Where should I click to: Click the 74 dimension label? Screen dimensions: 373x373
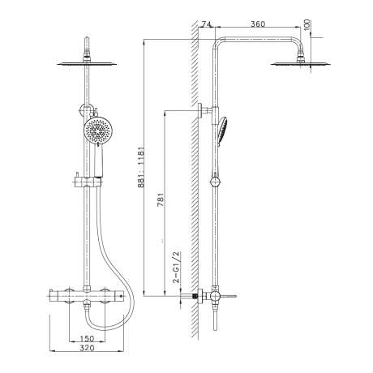coord(206,24)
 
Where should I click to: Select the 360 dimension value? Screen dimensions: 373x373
coord(258,24)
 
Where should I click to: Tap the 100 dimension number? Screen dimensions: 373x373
coord(307,25)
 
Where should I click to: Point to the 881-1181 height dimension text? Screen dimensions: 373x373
coord(141,167)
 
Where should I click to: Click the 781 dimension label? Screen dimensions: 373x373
coord(161,199)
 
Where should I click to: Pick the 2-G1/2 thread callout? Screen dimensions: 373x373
coord(176,268)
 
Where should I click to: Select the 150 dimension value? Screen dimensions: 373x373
coord(87,338)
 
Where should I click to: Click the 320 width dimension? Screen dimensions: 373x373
coord(87,348)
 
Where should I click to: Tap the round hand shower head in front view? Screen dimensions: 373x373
coord(94,132)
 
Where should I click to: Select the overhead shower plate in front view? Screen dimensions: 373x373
coord(87,64)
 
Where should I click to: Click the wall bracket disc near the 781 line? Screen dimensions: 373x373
coord(200,110)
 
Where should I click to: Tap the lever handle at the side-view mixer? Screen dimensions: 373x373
coord(228,296)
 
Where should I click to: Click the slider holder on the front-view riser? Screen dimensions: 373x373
coord(88,182)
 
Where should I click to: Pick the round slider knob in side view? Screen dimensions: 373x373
coord(216,182)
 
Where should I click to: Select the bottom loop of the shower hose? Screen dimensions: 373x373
coord(107,326)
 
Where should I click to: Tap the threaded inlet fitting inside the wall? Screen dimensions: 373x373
coord(195,296)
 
